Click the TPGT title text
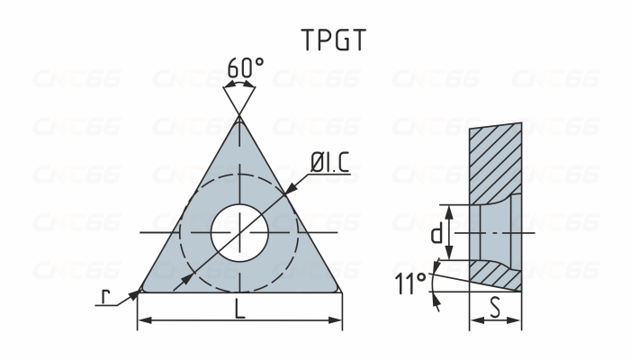333,40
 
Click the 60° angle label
245,68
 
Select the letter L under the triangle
239,309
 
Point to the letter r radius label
105,298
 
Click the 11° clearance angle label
409,285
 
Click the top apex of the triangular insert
239,118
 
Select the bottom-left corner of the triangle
140,290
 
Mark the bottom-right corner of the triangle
339,290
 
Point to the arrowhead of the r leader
134,292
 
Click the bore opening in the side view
495,234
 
